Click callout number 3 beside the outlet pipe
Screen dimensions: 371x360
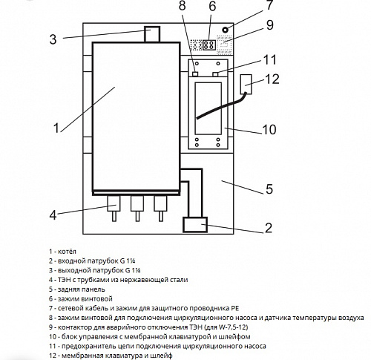(53, 39)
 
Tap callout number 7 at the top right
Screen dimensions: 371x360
(269, 5)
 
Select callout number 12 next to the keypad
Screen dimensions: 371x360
(272, 79)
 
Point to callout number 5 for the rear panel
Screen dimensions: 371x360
(269, 189)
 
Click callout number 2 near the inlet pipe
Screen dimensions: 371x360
(269, 228)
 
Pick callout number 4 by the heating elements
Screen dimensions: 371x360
(53, 215)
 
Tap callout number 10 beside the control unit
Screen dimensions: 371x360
(269, 129)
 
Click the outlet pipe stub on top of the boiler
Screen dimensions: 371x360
(152, 34)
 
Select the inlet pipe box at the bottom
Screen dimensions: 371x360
(195, 225)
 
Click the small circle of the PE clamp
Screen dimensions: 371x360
(225, 30)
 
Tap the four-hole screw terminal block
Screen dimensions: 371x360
(209, 45)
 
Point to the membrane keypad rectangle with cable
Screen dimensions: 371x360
(246, 84)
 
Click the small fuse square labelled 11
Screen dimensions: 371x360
(215, 74)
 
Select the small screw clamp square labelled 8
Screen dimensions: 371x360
(195, 74)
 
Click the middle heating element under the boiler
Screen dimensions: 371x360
(137, 209)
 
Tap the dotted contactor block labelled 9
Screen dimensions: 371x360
(224, 45)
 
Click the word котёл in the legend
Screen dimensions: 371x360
(67, 252)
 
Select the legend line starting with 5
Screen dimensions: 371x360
(77, 289)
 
